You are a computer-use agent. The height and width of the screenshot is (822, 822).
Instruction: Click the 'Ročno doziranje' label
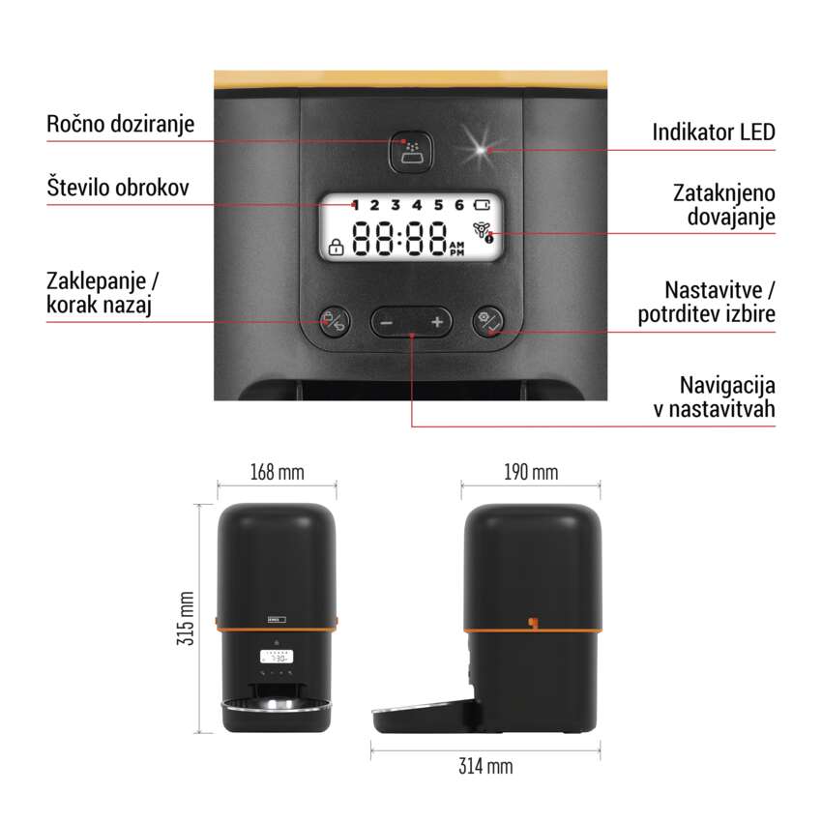[x=120, y=124]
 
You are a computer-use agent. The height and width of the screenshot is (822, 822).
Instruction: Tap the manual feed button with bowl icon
[x=411, y=152]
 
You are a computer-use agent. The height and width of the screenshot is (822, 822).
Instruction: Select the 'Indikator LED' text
[x=713, y=132]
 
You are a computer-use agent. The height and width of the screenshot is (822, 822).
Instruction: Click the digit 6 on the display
[x=459, y=205]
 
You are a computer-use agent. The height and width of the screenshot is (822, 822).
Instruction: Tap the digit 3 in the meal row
[x=396, y=205]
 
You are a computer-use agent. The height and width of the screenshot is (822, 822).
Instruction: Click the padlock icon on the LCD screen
[x=336, y=247]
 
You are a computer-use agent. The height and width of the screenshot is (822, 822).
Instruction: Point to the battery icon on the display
[x=482, y=204]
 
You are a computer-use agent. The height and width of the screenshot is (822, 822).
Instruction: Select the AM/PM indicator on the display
[x=456, y=249]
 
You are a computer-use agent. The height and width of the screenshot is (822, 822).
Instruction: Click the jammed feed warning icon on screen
[x=484, y=232]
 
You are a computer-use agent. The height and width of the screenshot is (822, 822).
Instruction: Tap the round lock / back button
[x=334, y=321]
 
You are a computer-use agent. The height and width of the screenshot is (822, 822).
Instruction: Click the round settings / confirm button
[x=488, y=321]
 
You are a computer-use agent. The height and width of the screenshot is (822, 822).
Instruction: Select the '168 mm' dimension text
[x=277, y=472]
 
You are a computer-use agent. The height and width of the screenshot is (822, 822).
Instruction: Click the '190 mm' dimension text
[x=531, y=472]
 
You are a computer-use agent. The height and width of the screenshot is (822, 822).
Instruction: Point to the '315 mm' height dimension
[x=187, y=618]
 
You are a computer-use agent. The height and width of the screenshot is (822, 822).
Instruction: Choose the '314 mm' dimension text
[x=485, y=766]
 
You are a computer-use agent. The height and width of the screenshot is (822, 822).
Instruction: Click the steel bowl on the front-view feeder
[x=277, y=705]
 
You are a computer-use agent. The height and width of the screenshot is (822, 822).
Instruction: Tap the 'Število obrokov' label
[x=118, y=188]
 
